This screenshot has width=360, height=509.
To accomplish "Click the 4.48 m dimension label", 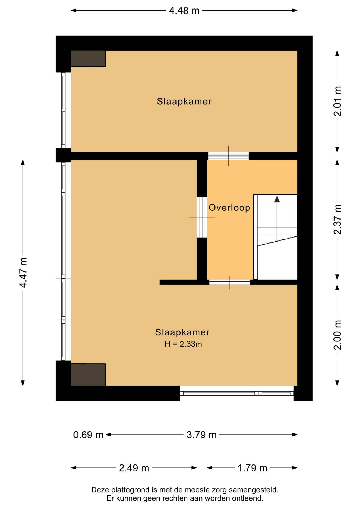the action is click(184, 11).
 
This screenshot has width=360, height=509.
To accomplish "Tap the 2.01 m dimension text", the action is click(337, 101).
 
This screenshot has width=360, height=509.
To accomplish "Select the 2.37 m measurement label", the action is click(337, 220).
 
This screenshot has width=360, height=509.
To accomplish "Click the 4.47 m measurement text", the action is click(23, 273).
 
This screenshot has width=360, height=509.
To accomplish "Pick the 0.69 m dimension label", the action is click(88, 435).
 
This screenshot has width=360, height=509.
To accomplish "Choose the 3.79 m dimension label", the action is click(201, 435).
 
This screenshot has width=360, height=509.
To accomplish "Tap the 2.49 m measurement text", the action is click(134, 468).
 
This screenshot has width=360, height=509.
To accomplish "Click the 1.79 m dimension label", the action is click(252, 468).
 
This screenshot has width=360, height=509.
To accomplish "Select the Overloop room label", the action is click(229, 208).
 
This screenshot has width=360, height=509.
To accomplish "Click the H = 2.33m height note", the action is click(183, 344).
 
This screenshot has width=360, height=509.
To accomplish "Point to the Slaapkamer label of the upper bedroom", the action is click(184, 102).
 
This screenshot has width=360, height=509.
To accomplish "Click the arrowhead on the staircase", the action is click(277, 199).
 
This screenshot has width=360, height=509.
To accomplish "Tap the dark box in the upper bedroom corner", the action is click(88, 59).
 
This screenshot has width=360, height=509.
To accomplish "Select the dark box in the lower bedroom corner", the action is click(88, 375).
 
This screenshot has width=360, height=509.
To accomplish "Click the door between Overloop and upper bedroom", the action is click(229, 156).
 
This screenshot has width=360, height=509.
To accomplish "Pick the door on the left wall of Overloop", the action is click(202, 217).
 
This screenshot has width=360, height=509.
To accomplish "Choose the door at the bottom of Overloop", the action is click(230, 282).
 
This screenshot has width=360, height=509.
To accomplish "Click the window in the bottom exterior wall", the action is click(237, 393).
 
